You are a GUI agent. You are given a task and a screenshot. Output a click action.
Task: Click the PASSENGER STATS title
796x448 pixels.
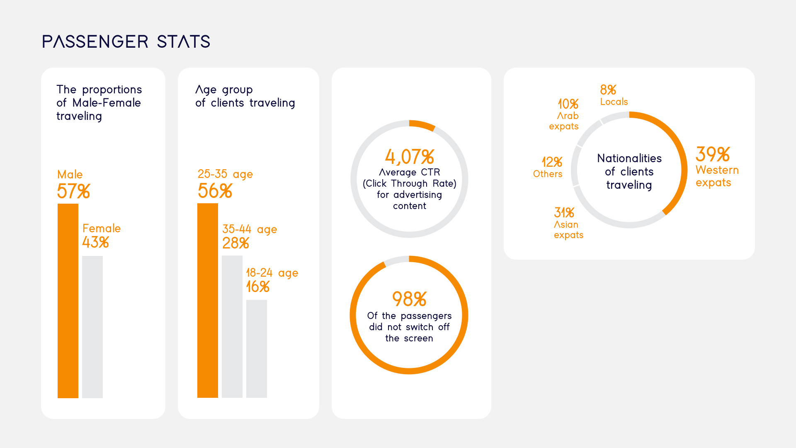tap(126, 41)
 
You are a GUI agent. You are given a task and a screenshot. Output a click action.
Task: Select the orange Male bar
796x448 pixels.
tap(68, 301)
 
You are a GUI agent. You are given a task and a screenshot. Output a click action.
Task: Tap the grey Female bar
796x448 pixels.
tap(92, 327)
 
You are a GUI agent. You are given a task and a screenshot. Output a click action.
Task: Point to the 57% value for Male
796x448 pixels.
tap(73, 191)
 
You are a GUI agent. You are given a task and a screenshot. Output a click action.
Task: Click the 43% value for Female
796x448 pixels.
tap(95, 242)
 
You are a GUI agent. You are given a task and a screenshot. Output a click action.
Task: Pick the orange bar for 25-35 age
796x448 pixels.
tap(208, 300)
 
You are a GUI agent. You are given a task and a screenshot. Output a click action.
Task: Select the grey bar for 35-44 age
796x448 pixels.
tap(232, 326)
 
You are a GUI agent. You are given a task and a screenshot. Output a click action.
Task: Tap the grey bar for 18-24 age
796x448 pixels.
tap(257, 348)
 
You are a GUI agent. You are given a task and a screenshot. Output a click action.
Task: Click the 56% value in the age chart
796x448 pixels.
tap(215, 191)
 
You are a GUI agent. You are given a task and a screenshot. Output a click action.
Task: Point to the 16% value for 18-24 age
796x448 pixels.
tap(258, 287)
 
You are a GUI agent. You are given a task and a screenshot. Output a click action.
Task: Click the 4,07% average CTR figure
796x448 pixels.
tap(410, 157)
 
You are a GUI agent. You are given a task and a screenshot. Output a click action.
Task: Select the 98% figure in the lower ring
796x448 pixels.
tap(409, 299)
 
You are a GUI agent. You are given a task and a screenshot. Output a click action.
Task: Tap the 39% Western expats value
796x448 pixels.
tap(713, 154)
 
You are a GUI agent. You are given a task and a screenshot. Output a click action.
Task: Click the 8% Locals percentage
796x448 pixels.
tap(608, 90)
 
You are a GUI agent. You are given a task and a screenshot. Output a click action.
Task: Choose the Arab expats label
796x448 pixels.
tap(564, 121)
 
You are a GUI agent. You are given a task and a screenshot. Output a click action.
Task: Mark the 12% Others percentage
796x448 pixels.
tap(552, 162)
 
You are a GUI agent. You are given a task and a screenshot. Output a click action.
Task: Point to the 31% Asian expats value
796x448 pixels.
tap(564, 213)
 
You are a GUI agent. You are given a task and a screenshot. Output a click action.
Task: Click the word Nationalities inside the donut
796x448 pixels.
tap(629, 158)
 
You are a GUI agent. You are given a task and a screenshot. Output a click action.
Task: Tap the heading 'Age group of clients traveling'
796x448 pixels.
tap(245, 96)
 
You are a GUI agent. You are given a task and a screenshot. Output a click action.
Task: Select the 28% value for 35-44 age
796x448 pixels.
tap(235, 243)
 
